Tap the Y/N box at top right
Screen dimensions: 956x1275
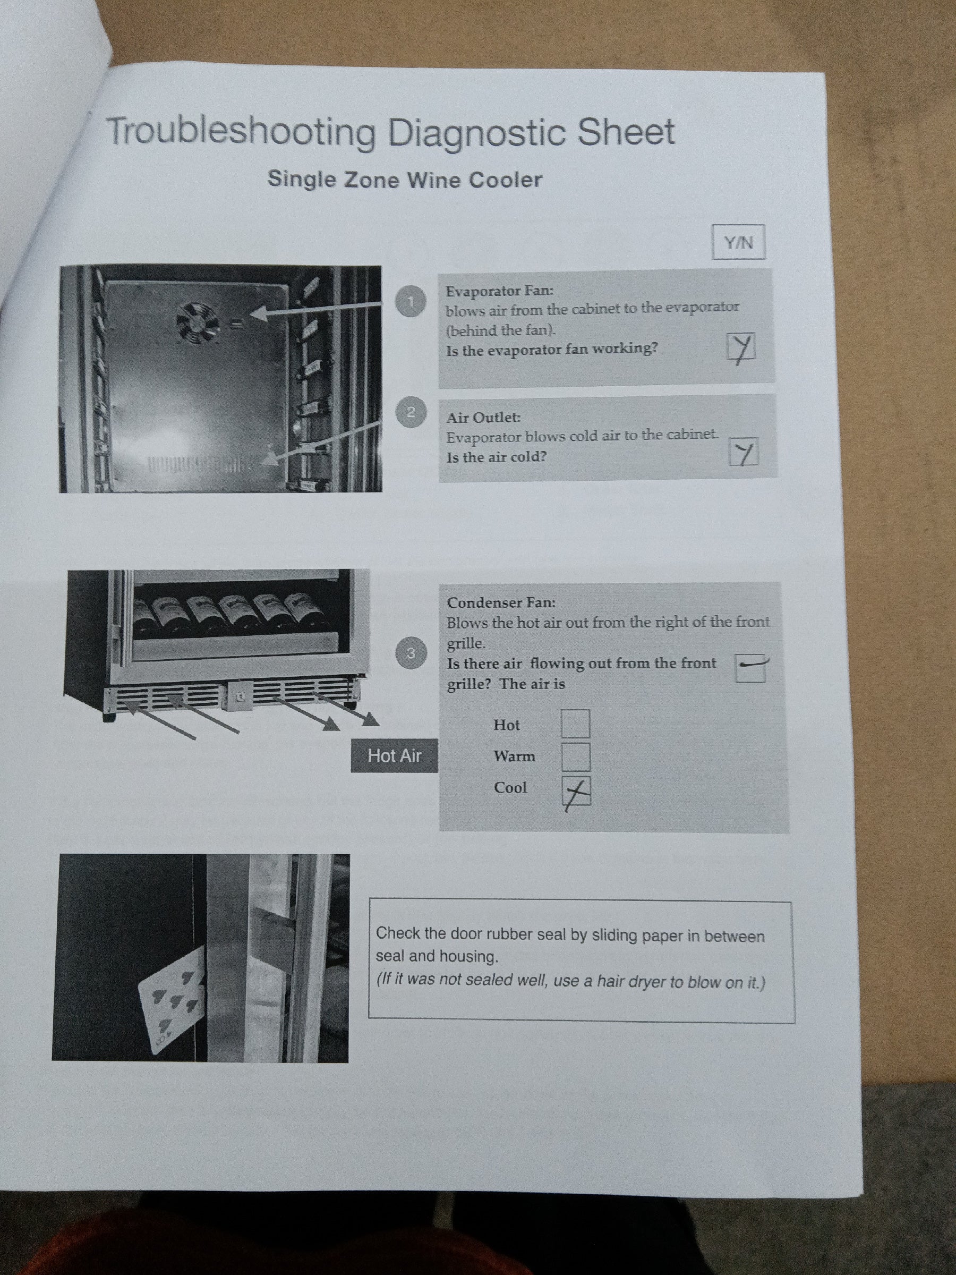pos(738,242)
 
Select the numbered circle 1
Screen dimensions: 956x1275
pos(411,301)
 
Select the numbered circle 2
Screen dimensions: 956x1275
pos(411,412)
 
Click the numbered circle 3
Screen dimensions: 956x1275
pos(411,653)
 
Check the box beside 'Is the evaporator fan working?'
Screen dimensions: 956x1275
pos(741,348)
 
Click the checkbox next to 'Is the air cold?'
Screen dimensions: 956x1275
pos(744,453)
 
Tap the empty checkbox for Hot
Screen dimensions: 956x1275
pos(576,724)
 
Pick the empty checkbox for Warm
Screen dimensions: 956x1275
pos(576,757)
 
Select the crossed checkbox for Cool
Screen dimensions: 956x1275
pos(577,791)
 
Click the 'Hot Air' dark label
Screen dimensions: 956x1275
pos(395,755)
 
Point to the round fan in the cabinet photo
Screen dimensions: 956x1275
pos(198,324)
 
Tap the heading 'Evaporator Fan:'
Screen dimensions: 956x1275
pos(499,291)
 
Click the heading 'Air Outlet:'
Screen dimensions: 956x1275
pos(483,416)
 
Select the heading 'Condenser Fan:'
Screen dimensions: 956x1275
pos(501,603)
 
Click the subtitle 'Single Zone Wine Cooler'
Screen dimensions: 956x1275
pos(405,180)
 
